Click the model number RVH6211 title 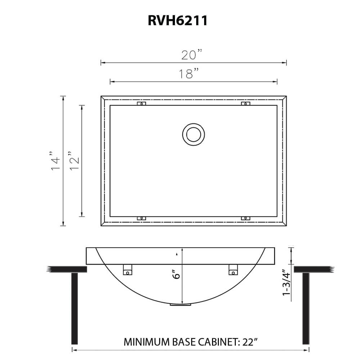click(177, 21)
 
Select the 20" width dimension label click(192, 55)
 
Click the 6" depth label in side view click(176, 275)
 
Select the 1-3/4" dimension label click(287, 282)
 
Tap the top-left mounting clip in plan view click(141, 104)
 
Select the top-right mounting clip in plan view click(246, 104)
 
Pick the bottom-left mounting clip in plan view click(141, 218)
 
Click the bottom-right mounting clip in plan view click(246, 218)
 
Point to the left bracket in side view click(128, 269)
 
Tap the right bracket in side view click(233, 269)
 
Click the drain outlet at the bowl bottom click(180, 305)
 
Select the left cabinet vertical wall click(75, 308)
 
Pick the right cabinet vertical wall click(306, 308)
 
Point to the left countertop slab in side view click(67, 269)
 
